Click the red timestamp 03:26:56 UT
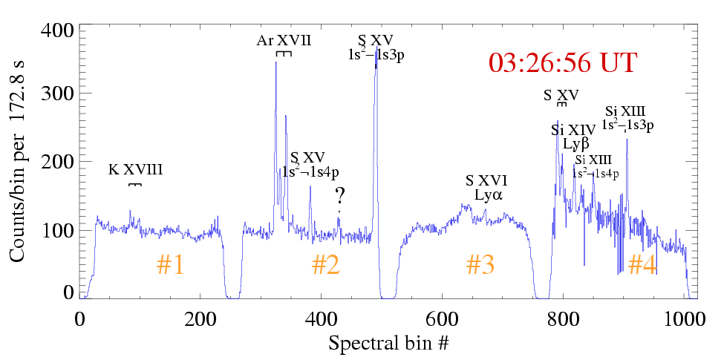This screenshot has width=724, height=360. [x=562, y=62]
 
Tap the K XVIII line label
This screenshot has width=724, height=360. [x=135, y=170]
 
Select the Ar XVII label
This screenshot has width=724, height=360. [x=284, y=41]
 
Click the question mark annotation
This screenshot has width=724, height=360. [x=339, y=197]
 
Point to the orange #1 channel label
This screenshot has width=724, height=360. [x=170, y=265]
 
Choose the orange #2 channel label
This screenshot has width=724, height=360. [x=325, y=265]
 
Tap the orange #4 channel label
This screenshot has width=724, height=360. [x=642, y=265]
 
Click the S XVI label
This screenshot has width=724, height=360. [x=486, y=181]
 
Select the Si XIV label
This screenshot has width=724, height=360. [x=573, y=131]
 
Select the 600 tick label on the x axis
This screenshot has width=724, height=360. [x=442, y=315]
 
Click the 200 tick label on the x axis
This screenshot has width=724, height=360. [x=200, y=315]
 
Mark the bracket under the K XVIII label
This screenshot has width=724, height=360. [x=134, y=184]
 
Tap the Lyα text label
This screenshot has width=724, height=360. [x=489, y=196]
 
